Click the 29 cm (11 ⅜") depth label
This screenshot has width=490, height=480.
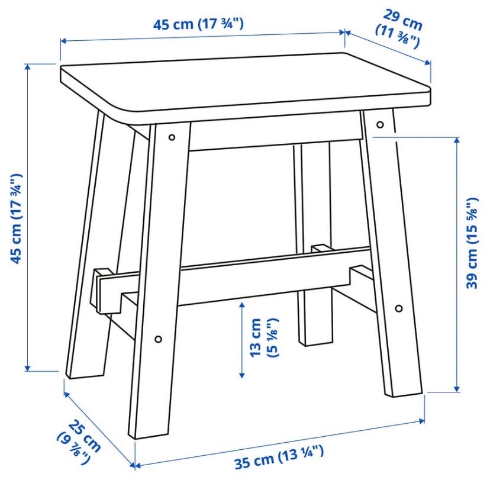399,29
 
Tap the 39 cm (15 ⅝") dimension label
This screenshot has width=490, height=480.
472,243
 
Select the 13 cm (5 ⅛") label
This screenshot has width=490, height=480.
264,337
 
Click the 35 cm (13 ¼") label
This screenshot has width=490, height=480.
279,457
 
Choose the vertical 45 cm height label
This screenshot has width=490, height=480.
16,219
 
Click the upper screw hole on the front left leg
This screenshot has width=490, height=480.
172,137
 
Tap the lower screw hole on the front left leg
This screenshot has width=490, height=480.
159,339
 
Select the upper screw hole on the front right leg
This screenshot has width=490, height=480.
380,125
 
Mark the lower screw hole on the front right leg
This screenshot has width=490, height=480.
399,308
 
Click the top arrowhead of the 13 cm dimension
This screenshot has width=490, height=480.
241,305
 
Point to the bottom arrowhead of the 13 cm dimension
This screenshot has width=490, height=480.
241,375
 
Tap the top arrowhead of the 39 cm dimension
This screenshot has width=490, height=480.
457,140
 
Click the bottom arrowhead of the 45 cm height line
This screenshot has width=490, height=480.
28,368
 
